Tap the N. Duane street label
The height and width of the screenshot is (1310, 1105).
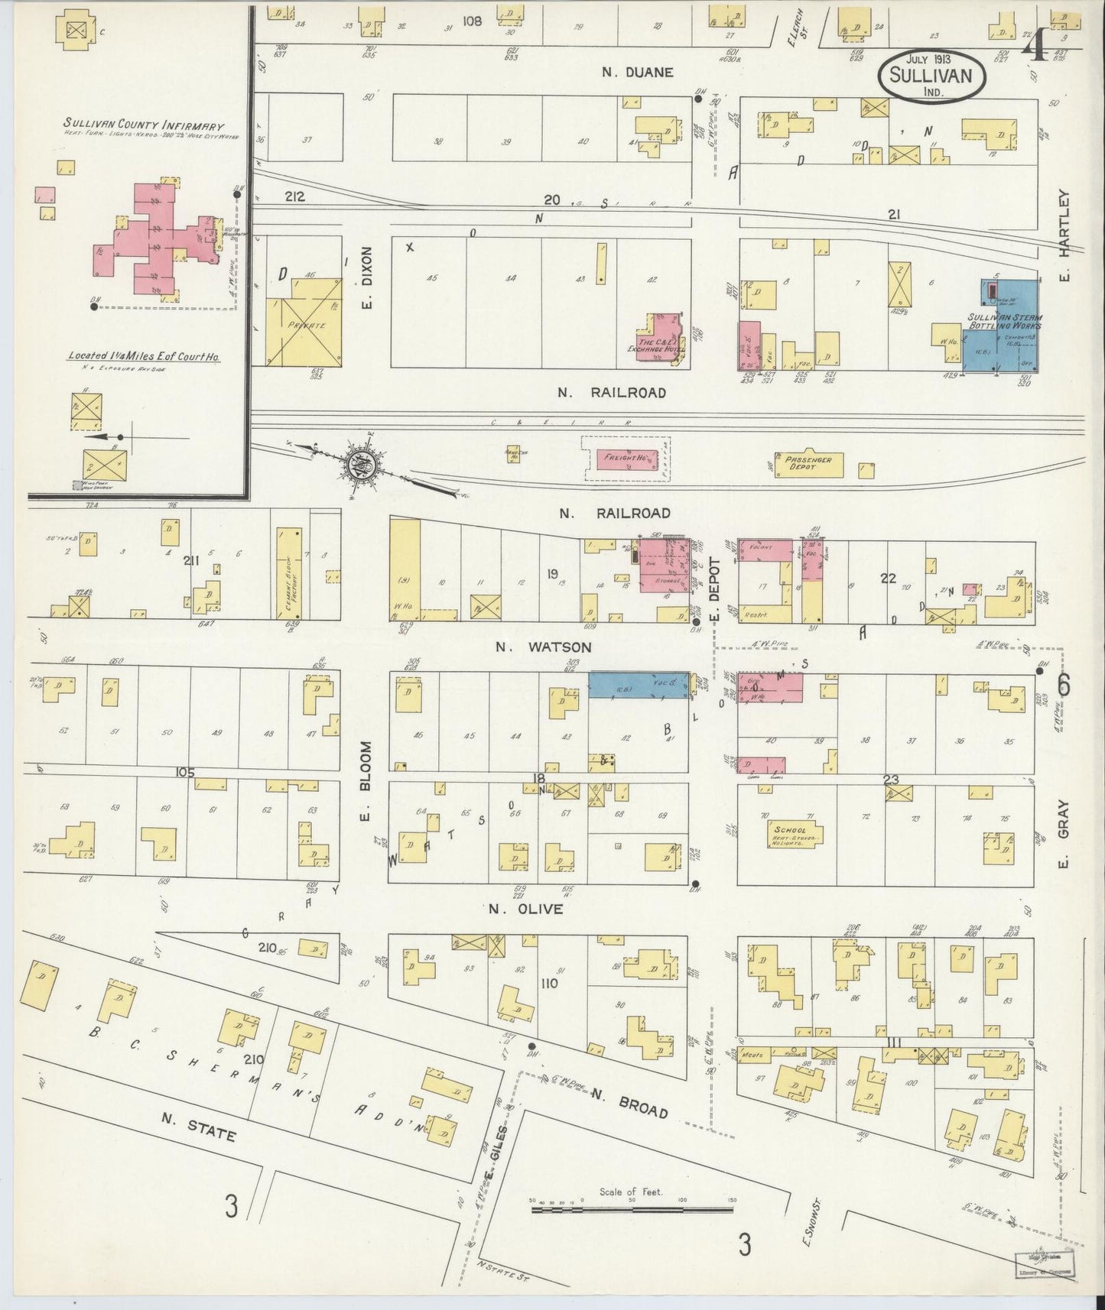point(637,73)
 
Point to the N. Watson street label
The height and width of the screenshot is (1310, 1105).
point(543,647)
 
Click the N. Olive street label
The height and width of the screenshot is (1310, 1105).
point(525,910)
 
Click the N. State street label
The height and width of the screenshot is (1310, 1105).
point(198,1131)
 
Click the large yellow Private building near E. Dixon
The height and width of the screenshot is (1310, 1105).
point(303,321)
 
